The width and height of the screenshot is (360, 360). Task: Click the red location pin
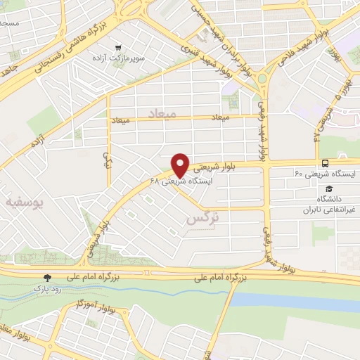tap(181, 165)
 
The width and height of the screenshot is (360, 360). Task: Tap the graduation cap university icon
tap(329, 188)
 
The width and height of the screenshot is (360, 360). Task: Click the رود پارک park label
tap(47, 288)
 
